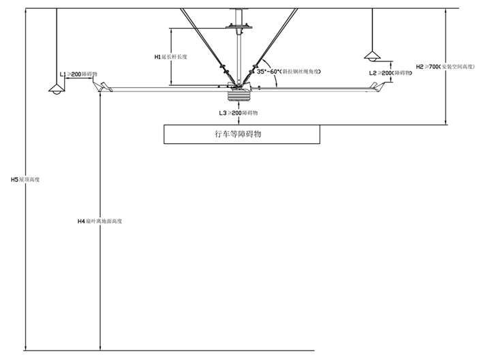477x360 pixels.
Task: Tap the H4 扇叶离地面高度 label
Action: [x=103, y=221]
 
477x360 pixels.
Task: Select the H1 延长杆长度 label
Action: [x=171, y=57]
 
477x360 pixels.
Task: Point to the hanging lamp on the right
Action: [x=373, y=54]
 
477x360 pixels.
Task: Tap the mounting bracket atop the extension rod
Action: [x=238, y=27]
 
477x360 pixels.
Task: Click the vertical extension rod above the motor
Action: [x=238, y=55]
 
